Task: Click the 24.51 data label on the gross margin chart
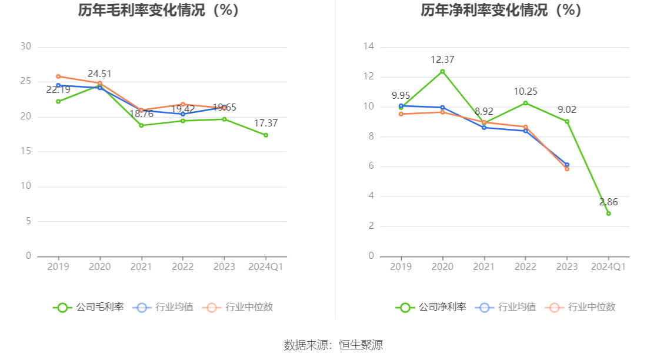[99, 74]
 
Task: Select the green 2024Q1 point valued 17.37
[266, 135]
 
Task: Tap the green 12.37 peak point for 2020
[442, 71]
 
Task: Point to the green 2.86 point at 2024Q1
[608, 214]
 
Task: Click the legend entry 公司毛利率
[89, 307]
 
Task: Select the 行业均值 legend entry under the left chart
[164, 307]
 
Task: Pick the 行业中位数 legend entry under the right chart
[581, 307]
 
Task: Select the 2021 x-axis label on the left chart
[141, 267]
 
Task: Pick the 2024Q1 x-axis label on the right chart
[608, 267]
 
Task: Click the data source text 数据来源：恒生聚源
[333, 345]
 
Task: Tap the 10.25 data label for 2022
[525, 92]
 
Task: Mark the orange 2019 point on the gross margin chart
[58, 76]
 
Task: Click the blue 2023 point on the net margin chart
[567, 165]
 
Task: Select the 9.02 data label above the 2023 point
[567, 109]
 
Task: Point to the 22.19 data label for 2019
[58, 90]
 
